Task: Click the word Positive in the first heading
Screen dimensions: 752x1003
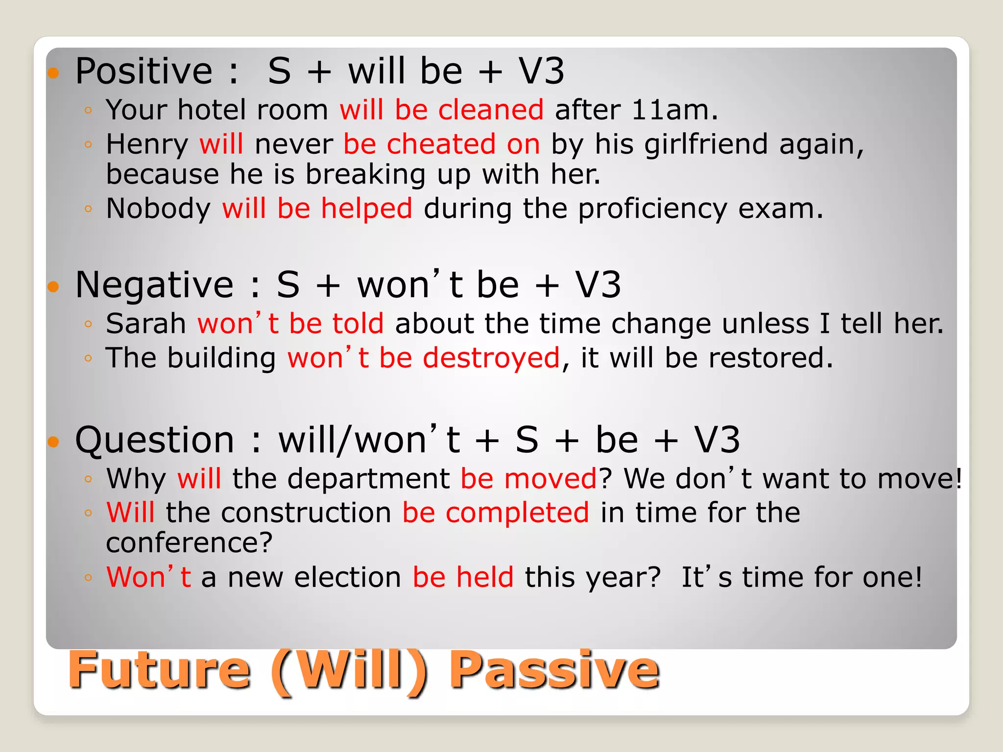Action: coord(143,72)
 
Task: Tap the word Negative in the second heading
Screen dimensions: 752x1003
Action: coord(154,285)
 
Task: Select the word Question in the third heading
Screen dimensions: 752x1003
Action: coord(154,441)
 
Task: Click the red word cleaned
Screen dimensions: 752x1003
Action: coord(491,110)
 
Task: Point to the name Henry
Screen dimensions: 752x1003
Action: coord(147,145)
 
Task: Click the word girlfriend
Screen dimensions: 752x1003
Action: coord(706,145)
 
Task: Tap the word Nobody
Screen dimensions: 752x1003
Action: coord(158,209)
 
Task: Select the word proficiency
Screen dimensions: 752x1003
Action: coord(652,210)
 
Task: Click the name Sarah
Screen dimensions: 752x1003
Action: coord(145,324)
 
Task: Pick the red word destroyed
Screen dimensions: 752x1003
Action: coord(491,358)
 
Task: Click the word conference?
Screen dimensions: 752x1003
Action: coord(189,543)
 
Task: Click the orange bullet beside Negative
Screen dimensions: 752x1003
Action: coord(53,286)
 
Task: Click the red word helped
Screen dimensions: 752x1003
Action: coord(366,209)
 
